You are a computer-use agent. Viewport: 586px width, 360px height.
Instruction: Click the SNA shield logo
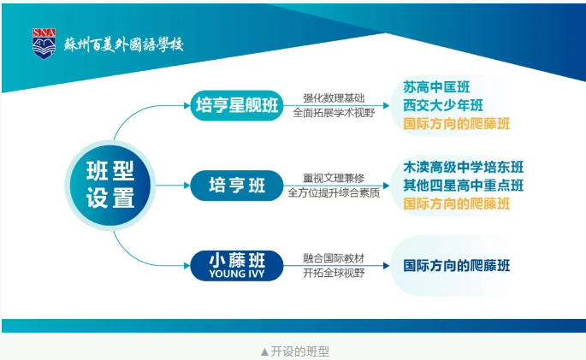[x=44, y=44]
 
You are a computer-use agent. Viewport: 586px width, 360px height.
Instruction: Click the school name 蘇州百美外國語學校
[x=124, y=44]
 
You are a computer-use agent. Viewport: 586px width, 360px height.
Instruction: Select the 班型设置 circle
[x=110, y=186]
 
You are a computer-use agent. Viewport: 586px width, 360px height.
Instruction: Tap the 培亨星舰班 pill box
[x=237, y=105]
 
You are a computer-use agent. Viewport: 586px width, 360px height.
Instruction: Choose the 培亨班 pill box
[x=237, y=186]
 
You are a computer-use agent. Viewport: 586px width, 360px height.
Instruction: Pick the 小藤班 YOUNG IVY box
[x=237, y=266]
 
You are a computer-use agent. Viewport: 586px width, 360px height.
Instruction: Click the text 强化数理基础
[x=334, y=98]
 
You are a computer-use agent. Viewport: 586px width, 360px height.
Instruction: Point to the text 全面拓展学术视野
[x=334, y=113]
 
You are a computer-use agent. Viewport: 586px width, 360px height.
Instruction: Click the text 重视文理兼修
[x=334, y=178]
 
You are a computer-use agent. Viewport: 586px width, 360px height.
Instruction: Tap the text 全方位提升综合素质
[x=334, y=192]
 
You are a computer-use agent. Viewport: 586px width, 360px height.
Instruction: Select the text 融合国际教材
[x=334, y=258]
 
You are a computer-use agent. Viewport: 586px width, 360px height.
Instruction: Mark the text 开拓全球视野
[x=334, y=273]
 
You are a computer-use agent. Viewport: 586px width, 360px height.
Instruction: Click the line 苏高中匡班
[x=436, y=87]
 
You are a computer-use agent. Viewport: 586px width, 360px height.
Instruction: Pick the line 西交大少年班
[x=443, y=105]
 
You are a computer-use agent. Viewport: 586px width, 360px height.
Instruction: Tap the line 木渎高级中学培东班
[x=464, y=168]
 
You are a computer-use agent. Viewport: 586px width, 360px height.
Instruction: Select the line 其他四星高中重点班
[x=464, y=186]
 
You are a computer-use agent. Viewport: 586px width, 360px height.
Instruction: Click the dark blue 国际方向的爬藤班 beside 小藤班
[x=457, y=266]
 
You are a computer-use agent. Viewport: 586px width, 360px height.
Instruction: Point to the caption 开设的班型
[x=299, y=351]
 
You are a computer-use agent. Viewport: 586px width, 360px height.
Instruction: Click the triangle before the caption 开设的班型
[x=264, y=351]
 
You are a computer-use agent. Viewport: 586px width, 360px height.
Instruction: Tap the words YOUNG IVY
[x=237, y=274]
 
